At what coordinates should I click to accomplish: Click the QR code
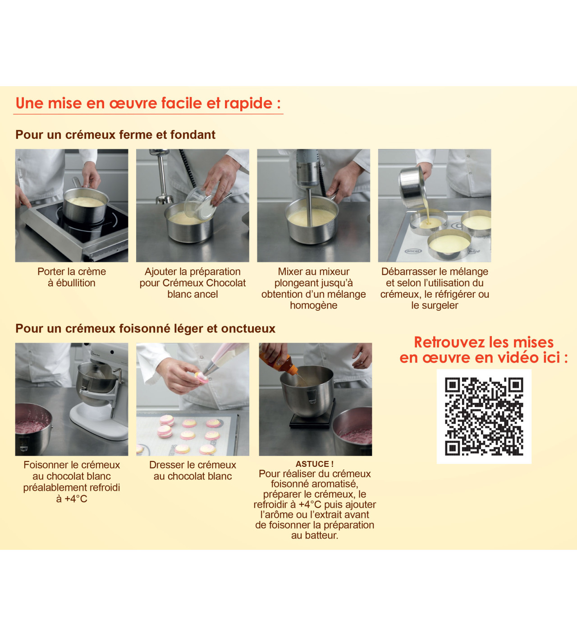pyautogui.click(x=484, y=416)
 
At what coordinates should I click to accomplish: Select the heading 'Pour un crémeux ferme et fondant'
pyautogui.click(x=115, y=135)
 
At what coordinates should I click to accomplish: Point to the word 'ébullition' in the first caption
pyautogui.click(x=76, y=283)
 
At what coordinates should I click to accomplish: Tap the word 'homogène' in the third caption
pyautogui.click(x=314, y=305)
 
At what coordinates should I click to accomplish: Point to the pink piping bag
pyautogui.click(x=227, y=357)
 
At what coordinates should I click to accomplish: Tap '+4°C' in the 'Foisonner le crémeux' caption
pyautogui.click(x=76, y=499)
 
